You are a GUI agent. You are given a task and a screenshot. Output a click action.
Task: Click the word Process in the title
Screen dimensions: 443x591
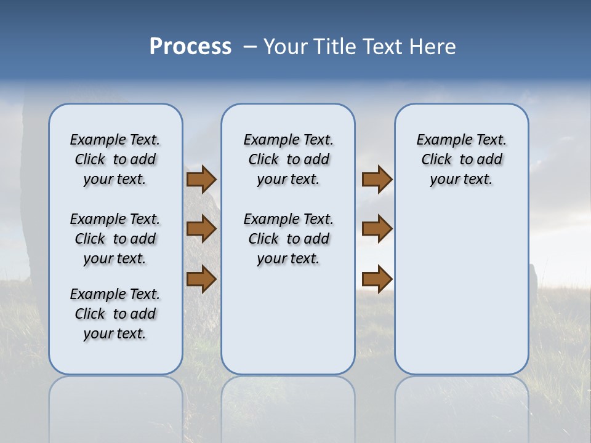click(x=190, y=47)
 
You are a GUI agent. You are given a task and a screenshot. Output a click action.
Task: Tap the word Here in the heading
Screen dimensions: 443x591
click(x=432, y=47)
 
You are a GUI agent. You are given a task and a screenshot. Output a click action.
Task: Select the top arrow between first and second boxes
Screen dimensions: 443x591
click(x=201, y=180)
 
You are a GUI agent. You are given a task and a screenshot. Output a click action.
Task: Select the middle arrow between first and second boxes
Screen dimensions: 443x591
click(x=201, y=229)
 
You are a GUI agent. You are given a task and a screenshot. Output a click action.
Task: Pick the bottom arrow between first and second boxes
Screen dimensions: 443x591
click(x=201, y=279)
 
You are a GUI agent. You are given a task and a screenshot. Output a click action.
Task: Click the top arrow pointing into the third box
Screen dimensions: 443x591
click(x=377, y=180)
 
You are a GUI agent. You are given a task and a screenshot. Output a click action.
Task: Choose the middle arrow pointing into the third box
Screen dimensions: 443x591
click(x=377, y=229)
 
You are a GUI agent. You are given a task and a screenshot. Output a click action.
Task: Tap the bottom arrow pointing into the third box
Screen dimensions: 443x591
click(x=377, y=279)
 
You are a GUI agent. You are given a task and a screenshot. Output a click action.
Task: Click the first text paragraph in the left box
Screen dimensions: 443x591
click(x=115, y=159)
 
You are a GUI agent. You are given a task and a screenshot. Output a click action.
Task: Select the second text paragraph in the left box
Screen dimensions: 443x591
click(x=115, y=239)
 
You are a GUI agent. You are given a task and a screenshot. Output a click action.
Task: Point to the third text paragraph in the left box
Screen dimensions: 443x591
click(x=115, y=314)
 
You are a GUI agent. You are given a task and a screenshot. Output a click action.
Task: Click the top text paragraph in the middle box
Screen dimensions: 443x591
click(x=288, y=159)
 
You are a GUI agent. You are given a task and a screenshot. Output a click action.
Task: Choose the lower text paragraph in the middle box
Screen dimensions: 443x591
click(x=288, y=239)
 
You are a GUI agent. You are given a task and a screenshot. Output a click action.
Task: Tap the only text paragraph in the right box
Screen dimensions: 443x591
click(x=461, y=159)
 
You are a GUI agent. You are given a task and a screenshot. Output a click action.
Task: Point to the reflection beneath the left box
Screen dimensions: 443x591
click(x=116, y=406)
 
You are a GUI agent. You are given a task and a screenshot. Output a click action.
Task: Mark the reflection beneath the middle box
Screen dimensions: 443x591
click(x=288, y=406)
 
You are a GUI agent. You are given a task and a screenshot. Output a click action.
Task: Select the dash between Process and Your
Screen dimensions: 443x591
click(x=250, y=47)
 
